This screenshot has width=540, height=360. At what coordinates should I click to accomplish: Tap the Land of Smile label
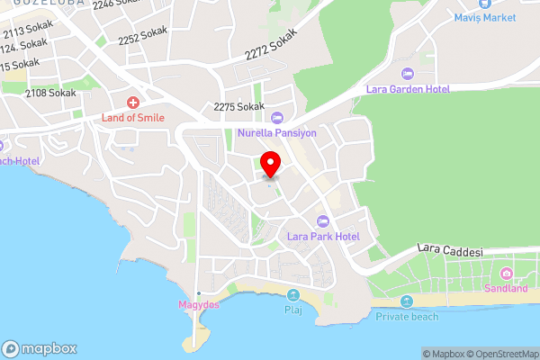[x=132, y=117]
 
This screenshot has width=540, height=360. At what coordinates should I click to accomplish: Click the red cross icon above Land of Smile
[x=133, y=103]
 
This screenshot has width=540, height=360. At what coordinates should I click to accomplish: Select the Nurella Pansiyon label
[x=277, y=133]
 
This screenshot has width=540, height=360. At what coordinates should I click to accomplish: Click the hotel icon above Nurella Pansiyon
[x=277, y=117]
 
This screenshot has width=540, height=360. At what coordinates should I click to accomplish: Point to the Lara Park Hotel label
[x=323, y=237]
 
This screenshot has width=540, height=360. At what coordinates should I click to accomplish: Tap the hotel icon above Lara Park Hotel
[x=322, y=221]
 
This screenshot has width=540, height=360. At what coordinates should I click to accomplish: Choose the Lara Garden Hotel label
[x=407, y=89]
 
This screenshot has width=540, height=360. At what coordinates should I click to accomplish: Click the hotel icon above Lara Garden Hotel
[x=406, y=73]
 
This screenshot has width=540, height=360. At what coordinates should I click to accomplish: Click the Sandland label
[x=506, y=289]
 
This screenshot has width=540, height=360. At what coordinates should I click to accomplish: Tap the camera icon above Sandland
[x=507, y=274]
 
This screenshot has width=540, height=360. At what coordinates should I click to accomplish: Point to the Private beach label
[x=407, y=316]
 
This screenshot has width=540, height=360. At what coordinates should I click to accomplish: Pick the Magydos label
[x=198, y=306]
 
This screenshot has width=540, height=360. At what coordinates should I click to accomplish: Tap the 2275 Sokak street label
[x=239, y=107]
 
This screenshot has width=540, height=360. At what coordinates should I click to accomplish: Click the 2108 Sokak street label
[x=50, y=93]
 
